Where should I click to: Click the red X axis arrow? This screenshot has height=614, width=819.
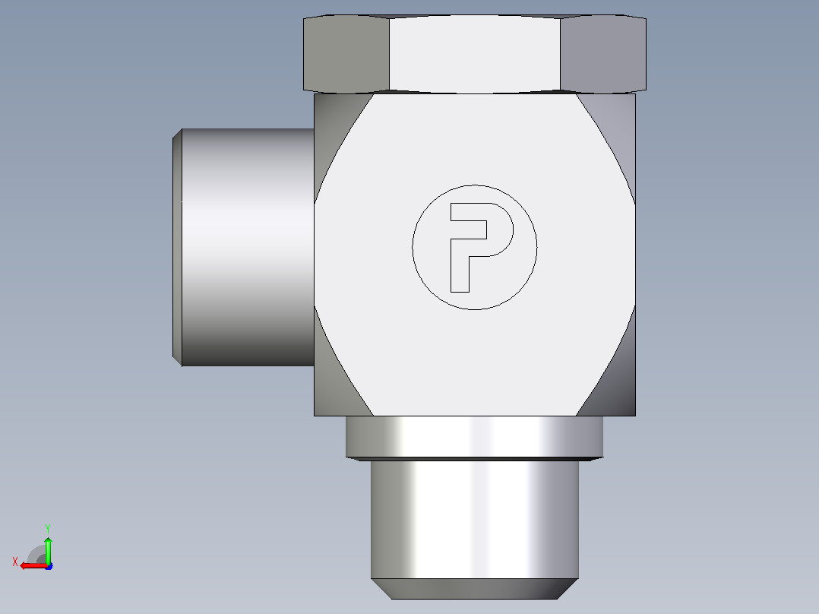click(33, 565)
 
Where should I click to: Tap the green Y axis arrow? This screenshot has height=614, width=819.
click(48, 549)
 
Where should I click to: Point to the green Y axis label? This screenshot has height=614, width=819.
click(48, 528)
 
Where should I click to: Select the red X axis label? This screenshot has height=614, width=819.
click(15, 562)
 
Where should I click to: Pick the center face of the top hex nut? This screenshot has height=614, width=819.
click(474, 55)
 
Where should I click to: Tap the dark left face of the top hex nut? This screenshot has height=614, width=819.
click(346, 54)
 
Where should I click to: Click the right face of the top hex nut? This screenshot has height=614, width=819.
click(603, 54)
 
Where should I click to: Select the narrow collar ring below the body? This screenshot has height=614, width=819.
click(474, 437)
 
